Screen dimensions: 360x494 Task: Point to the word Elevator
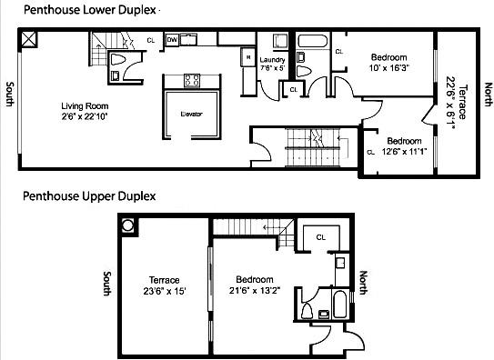point(190,113)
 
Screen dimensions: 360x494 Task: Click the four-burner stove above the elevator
point(192,80)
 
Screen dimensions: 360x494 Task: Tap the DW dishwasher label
point(172,40)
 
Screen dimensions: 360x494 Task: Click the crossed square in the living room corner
point(30,39)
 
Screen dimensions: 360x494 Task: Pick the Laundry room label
point(272,64)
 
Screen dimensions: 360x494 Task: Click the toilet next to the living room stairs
point(116,60)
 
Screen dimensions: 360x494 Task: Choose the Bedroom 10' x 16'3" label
point(374,61)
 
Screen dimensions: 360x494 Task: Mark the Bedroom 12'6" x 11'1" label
point(403,146)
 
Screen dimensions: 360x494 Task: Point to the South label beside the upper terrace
point(107,285)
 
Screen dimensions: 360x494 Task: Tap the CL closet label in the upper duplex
point(320,237)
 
